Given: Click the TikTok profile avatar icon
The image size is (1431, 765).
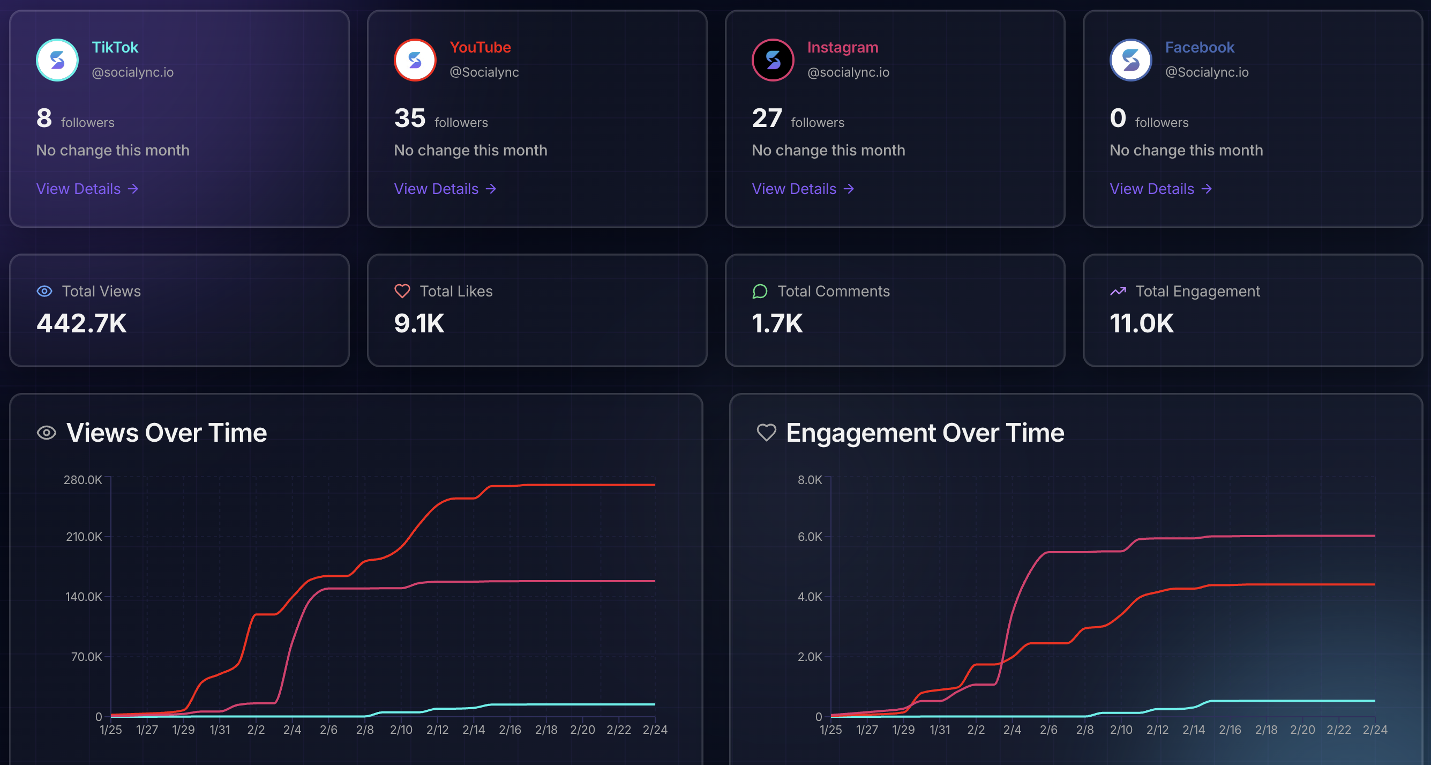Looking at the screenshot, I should click(57, 60).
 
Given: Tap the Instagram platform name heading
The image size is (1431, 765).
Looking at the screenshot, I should click(842, 47).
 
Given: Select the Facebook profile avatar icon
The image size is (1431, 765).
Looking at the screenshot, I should click(1130, 60).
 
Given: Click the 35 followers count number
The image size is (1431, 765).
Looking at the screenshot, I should click(409, 118).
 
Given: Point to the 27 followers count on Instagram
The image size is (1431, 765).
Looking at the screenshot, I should click(767, 118).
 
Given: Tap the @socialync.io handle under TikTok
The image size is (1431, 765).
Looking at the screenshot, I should click(132, 72).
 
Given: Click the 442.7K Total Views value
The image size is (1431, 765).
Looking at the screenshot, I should click(81, 324).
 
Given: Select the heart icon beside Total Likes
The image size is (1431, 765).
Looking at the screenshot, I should click(402, 291).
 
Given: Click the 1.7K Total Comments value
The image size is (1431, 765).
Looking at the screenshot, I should click(777, 324).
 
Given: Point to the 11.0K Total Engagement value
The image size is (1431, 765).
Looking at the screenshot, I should click(1141, 324).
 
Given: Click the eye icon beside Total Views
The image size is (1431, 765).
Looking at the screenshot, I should click(44, 291).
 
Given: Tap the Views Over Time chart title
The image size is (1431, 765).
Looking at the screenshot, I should click(166, 433).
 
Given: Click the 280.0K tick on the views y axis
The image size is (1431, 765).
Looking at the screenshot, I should click(83, 480).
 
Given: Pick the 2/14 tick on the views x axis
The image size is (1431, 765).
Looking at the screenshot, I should click(473, 730).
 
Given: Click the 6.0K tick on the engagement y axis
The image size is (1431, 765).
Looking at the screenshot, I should click(810, 537).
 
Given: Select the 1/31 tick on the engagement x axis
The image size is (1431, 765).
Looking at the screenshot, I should click(939, 730).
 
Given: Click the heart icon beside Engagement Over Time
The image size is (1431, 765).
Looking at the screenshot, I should click(766, 433).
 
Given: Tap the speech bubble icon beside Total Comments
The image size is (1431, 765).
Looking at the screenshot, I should click(759, 291).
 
